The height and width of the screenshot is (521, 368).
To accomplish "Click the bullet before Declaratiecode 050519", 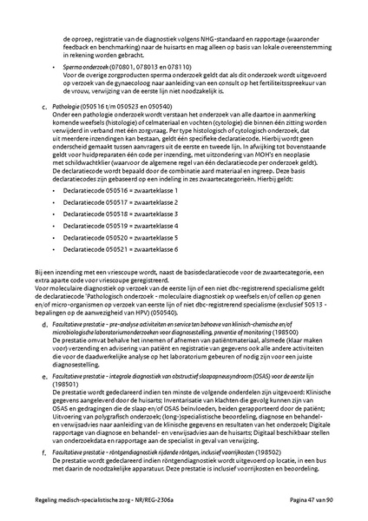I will tap(55, 225).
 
